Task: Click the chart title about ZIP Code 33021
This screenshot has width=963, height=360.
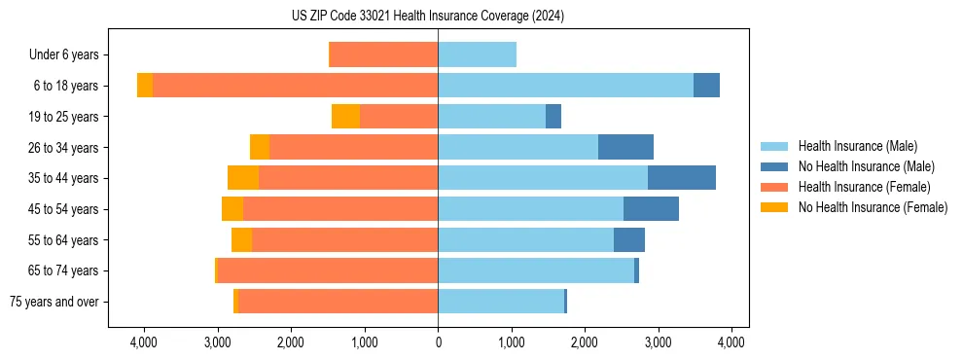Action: (427, 17)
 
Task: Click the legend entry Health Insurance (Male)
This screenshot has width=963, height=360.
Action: (857, 146)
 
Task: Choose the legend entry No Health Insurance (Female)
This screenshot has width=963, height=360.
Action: (873, 207)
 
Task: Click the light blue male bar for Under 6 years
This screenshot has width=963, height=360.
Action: (477, 54)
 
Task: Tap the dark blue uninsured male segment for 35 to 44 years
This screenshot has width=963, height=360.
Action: (681, 178)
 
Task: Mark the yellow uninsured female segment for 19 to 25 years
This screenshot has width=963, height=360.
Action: (345, 117)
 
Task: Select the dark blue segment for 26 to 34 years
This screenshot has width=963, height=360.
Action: (625, 147)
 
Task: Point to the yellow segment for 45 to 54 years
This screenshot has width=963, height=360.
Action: (232, 209)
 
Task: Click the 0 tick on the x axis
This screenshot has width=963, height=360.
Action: (438, 342)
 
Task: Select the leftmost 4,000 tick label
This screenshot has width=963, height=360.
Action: (144, 342)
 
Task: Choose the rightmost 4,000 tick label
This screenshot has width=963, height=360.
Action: (731, 342)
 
